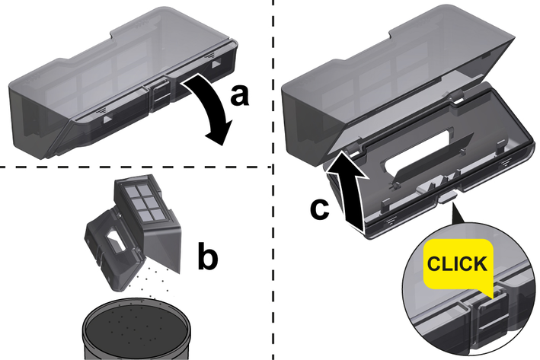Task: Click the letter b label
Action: click(208, 256)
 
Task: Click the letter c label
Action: click(320, 209)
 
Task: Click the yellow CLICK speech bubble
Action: click(458, 264)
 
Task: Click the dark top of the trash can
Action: click(137, 321)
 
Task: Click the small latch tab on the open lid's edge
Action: click(447, 198)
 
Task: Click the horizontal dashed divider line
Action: click(136, 167)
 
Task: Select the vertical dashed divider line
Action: click(273, 180)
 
